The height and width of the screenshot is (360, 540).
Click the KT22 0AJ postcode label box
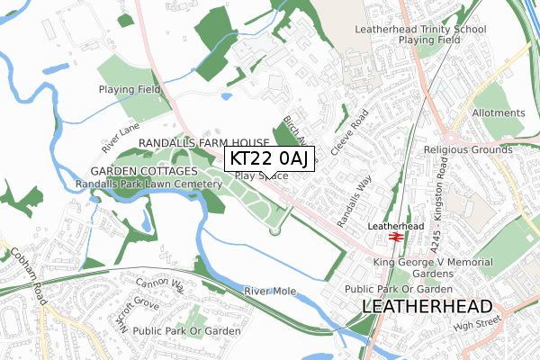pyautogui.click(x=270, y=158)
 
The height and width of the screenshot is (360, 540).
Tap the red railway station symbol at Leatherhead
pyautogui.click(x=395, y=237)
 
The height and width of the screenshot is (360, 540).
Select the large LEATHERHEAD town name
pyautogui.click(x=426, y=306)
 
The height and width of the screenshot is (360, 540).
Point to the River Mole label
pyautogui.click(x=270, y=291)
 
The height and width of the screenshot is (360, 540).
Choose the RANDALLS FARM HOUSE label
pyautogui.click(x=203, y=144)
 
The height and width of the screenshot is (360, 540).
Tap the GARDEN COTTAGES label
pyautogui.click(x=143, y=171)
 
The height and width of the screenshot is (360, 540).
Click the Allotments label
pyautogui.click(x=497, y=113)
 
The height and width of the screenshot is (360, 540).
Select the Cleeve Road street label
pyautogui.click(x=350, y=132)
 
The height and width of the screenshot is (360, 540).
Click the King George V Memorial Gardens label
pyautogui.click(x=434, y=267)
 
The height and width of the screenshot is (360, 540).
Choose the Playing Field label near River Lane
pyautogui.click(x=129, y=89)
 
